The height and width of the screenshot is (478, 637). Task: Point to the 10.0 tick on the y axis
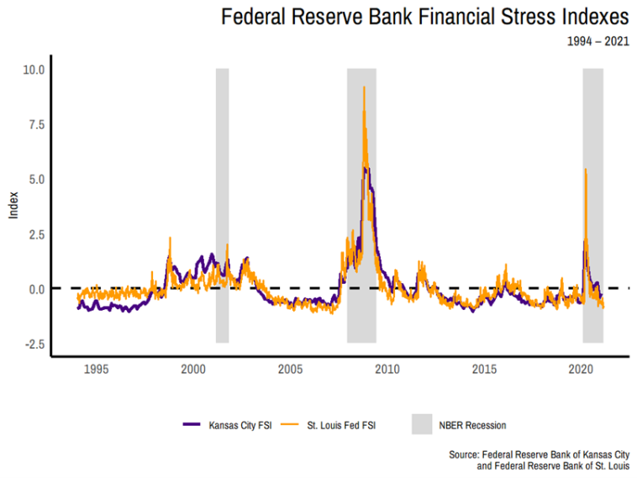pos(31,70)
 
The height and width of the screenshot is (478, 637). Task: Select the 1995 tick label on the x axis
pos(96,370)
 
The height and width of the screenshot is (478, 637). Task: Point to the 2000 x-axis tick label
pos(193,370)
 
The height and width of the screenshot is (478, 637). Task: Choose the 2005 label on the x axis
pos(291,370)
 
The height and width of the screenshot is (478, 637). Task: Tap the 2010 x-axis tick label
pos(387,370)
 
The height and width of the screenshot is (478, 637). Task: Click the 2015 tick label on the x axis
pos(485,370)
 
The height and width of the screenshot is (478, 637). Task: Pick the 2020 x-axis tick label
pos(582,370)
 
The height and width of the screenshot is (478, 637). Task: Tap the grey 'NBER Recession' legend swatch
pos(421,425)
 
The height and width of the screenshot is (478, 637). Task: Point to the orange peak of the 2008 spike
pos(364,87)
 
